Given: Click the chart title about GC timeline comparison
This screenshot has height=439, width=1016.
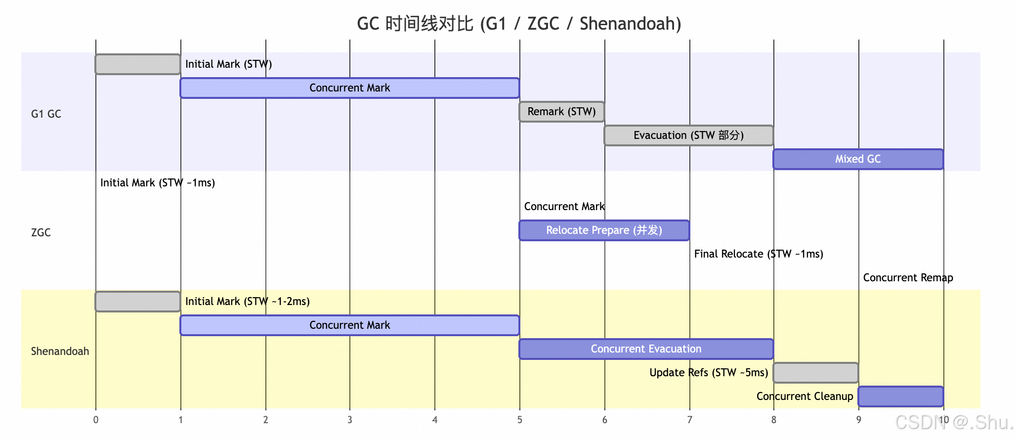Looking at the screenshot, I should point(519,24).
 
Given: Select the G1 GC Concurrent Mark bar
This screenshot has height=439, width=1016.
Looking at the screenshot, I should point(349,88).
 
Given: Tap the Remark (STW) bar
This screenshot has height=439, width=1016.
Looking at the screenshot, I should point(561,112).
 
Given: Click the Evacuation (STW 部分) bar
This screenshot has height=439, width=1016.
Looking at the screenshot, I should point(688,135).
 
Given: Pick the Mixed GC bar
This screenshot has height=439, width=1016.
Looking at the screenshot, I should point(858,159).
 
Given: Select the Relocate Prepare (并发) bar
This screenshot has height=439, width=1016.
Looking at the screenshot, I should point(604,230).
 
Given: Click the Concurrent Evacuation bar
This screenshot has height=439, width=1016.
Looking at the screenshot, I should point(646,349).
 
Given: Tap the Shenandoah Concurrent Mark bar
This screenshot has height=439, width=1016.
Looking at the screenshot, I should point(349,325).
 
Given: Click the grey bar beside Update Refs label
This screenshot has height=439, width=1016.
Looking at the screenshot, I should point(816,373).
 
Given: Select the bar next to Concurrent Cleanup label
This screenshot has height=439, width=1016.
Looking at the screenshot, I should point(901,396).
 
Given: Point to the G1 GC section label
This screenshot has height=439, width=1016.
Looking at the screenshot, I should point(46,114).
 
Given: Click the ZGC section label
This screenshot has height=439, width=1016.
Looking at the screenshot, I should point(41,233).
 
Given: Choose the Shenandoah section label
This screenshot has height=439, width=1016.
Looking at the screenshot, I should point(60,351).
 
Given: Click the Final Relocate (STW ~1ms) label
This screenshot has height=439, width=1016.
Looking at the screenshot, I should point(759,254).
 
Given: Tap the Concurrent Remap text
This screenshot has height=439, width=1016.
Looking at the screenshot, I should point(908,278).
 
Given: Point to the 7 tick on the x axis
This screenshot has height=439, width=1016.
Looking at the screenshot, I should point(689,420).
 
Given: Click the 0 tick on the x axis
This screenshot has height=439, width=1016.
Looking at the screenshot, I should point(95,420).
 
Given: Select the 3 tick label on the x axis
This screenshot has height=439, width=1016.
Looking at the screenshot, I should point(350,420).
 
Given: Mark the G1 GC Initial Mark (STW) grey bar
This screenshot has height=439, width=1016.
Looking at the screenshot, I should point(138,64).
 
